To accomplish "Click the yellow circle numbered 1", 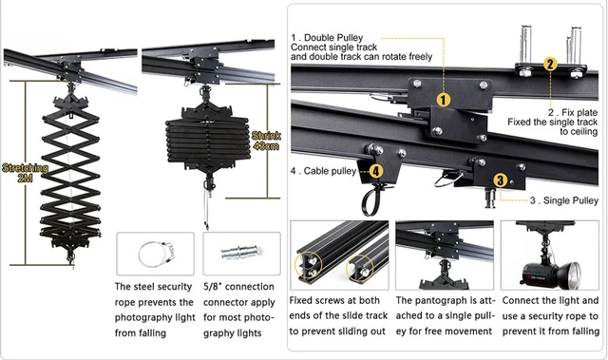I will tap(443, 98).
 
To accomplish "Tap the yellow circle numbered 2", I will tap(549, 65).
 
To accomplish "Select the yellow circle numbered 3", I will tap(500, 179).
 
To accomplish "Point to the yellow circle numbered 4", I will tap(376, 171).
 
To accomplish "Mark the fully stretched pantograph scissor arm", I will tap(66, 176).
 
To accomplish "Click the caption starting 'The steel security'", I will tap(154, 310).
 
